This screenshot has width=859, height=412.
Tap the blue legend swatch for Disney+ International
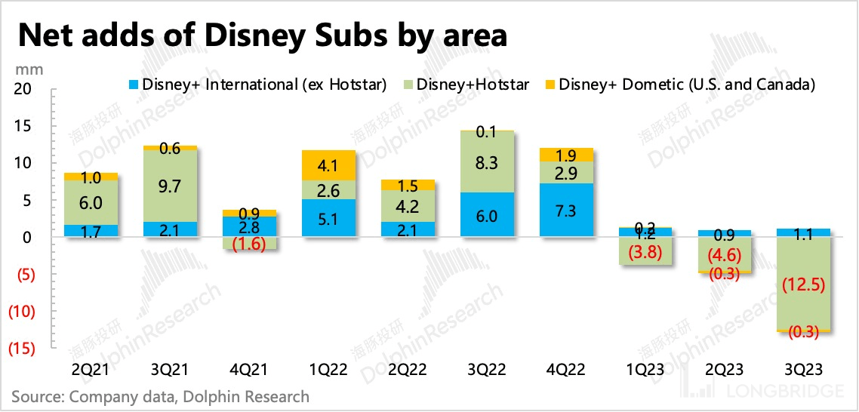pos(134,85)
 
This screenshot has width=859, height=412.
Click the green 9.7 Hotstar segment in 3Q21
pos(174,186)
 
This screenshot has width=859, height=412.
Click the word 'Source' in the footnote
pos(35,396)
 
